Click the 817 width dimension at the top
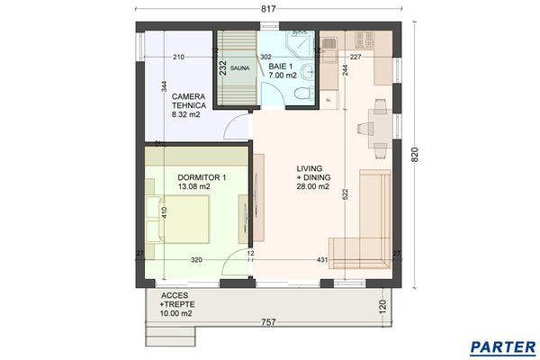268,9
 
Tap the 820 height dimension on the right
415,155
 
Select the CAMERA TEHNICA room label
189,101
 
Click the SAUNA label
239,68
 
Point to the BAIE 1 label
281,66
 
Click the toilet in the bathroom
304,93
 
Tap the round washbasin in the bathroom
307,72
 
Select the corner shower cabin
301,43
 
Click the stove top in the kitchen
364,40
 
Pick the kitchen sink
328,44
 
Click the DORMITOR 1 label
202,178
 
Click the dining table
380,129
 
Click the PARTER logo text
503,346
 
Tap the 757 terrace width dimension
268,322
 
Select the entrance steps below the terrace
170,336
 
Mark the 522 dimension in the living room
346,194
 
